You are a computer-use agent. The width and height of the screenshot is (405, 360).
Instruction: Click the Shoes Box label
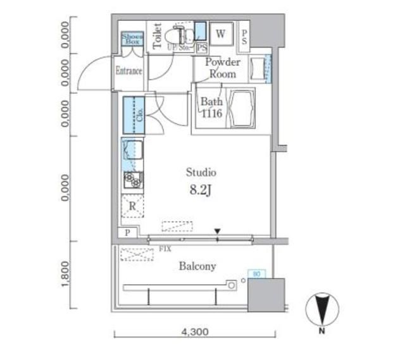pyautogui.click(x=133, y=39)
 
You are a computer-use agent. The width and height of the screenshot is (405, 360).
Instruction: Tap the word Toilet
pyautogui.click(x=157, y=36)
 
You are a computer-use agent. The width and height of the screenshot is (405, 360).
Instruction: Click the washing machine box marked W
pyautogui.click(x=221, y=34)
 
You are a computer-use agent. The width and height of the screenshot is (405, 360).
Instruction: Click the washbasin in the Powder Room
pyautogui.click(x=259, y=68)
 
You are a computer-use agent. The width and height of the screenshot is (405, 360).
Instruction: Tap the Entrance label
pyautogui.click(x=128, y=71)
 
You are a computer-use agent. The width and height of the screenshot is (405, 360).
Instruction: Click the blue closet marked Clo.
pyautogui.click(x=134, y=115)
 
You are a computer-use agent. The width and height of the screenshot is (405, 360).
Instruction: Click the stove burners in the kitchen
pyautogui.click(x=132, y=180)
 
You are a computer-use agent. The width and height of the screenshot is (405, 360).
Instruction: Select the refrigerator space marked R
pyautogui.click(x=132, y=206)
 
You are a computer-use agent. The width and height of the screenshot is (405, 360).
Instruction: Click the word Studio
pyautogui.click(x=201, y=172)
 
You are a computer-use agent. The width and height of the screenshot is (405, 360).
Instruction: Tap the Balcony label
pyautogui.click(x=196, y=266)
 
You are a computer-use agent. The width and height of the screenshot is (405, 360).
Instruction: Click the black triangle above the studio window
pyautogui.click(x=218, y=232)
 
